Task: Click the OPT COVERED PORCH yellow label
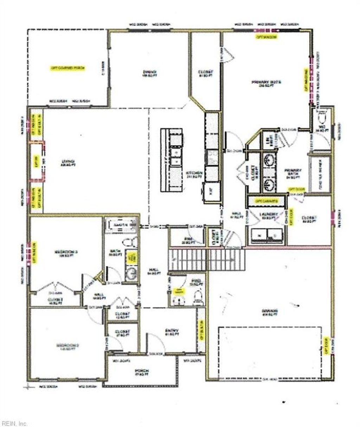68,68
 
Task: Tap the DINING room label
147,74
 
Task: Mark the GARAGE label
270,312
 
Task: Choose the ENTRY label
172,332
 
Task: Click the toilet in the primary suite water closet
322,116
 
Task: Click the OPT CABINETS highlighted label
266,201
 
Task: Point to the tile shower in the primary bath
319,173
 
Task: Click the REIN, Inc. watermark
14,423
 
